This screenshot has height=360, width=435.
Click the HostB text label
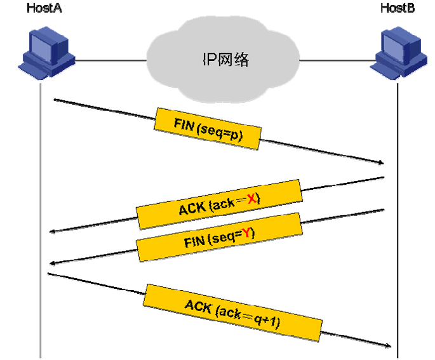point(398,8)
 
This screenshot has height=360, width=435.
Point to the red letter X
point(251,199)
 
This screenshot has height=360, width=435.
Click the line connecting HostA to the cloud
point(108,61)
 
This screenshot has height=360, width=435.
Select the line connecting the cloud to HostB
point(337,61)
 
